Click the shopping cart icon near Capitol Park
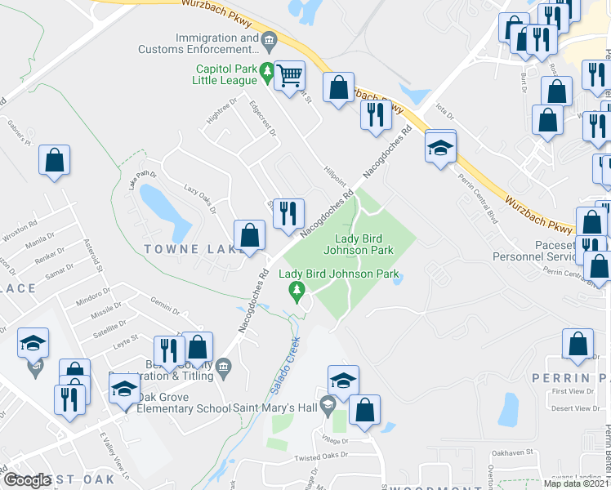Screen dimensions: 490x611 point(289,76)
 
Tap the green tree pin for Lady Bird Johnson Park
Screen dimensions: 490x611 point(297,290)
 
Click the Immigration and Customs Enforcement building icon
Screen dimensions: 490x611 point(268,39)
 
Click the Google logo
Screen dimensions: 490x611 point(28,481)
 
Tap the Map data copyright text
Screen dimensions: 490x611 point(575,483)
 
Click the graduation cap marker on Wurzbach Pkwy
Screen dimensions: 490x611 point(440,148)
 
